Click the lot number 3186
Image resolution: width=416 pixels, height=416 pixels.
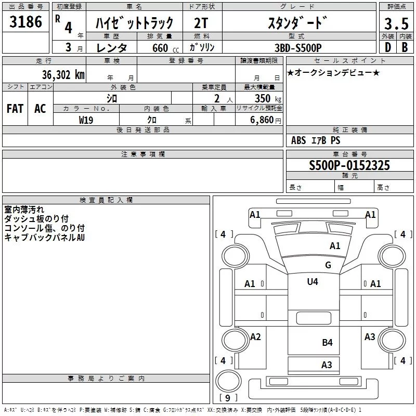point(25,21)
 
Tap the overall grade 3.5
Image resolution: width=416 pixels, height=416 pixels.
point(396,23)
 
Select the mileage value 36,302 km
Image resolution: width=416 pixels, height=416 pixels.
point(63,74)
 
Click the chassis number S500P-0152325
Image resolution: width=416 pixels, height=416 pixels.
point(349,165)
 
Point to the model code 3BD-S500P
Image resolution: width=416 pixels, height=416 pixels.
point(298,48)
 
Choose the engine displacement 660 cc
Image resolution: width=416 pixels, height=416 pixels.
point(165,48)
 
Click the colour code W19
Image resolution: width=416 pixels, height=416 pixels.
point(86,120)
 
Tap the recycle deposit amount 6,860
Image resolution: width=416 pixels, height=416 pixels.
point(262,120)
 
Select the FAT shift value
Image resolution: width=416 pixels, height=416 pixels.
point(15,109)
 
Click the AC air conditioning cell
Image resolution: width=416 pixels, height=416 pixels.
point(40,109)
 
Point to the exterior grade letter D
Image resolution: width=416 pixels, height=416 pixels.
point(388,47)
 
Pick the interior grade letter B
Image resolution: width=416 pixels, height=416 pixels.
point(405,47)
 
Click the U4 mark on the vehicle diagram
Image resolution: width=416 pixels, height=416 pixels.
point(313,281)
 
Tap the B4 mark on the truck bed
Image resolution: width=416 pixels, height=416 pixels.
point(327,343)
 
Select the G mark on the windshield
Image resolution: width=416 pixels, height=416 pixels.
point(328,265)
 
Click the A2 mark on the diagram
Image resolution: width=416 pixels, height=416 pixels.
point(255,336)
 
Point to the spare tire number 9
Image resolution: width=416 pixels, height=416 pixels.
point(228,398)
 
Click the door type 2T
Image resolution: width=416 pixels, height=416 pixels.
point(201,23)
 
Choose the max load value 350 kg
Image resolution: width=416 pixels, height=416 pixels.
point(268,98)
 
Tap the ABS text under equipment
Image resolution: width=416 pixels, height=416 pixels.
point(298,140)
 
